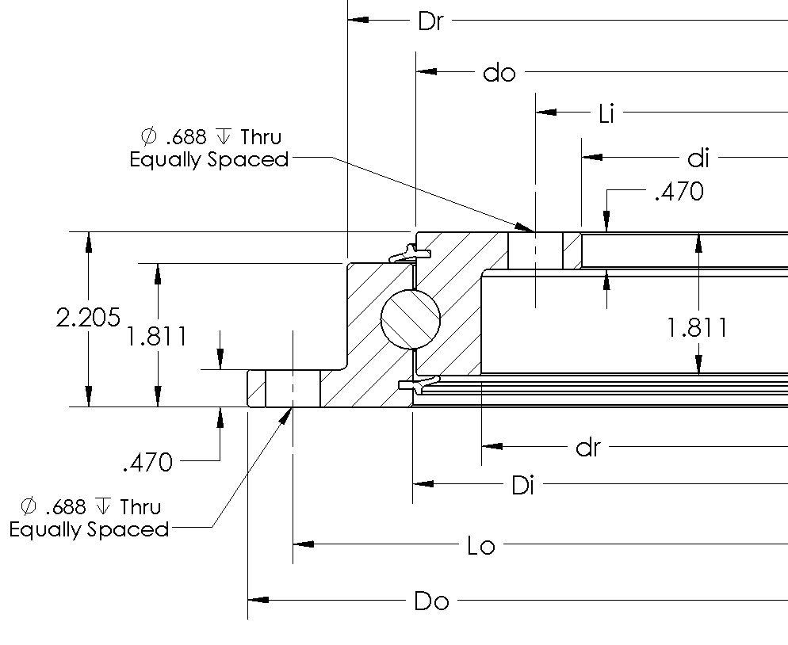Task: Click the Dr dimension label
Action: coord(430,21)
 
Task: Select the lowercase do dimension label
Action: coord(499,73)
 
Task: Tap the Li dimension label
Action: coord(606,114)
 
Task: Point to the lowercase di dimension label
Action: coord(698,158)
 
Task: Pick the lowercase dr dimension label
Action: coord(587,448)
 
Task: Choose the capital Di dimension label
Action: coord(522,485)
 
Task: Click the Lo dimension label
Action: coord(481,546)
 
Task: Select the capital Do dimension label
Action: coord(431,601)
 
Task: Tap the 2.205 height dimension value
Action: coord(87,319)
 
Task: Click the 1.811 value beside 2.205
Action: coord(155,337)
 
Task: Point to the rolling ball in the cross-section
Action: coord(410,319)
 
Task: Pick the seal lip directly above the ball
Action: coord(411,253)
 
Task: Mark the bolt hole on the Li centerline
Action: coord(535,250)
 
